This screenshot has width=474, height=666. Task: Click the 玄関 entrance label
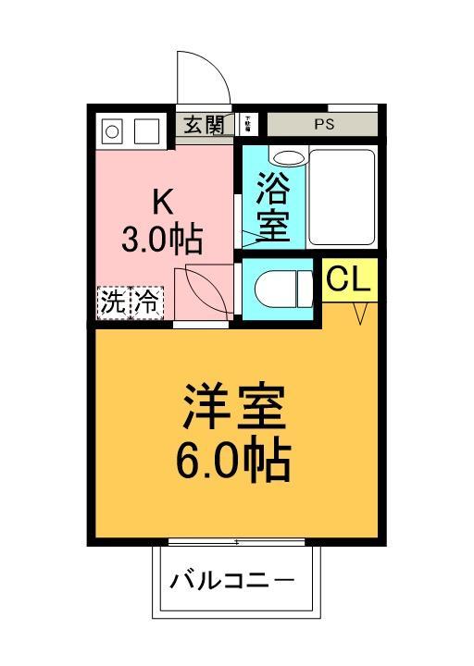(x=204, y=125)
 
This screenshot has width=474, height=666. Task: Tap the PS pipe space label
(x=323, y=124)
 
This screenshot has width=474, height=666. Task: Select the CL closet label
(x=350, y=279)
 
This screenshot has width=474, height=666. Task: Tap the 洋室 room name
(x=234, y=406)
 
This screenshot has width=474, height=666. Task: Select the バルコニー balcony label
(x=232, y=582)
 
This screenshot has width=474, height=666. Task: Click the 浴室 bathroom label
(x=272, y=206)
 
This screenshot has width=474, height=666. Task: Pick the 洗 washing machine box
(x=113, y=302)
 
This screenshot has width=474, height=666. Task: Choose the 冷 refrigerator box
(x=146, y=302)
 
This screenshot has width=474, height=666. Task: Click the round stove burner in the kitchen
(x=112, y=131)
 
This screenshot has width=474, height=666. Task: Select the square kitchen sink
(x=146, y=131)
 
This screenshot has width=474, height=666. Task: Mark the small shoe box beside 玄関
(x=248, y=124)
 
